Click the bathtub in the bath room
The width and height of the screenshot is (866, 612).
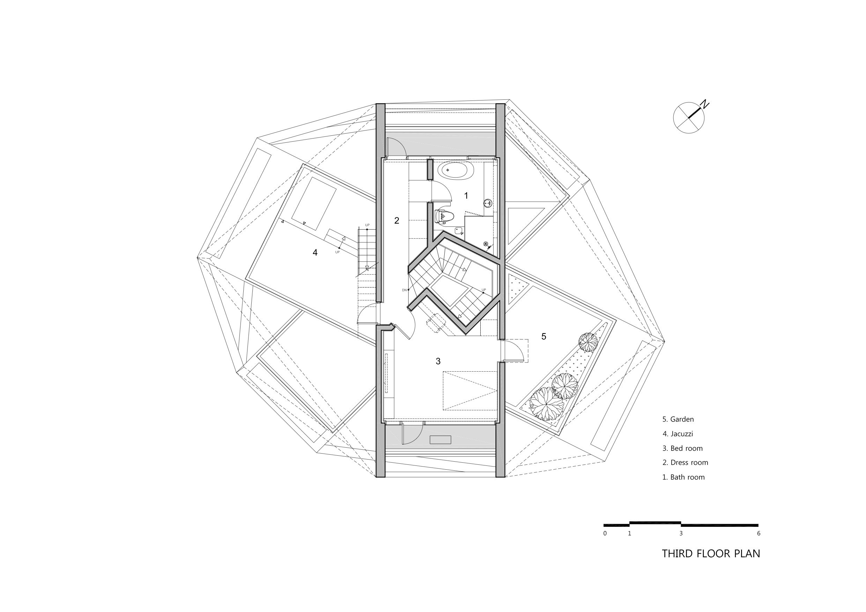tap(455, 170)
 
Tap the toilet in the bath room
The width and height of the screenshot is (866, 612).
tap(445, 216)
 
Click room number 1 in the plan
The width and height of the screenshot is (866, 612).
tap(466, 196)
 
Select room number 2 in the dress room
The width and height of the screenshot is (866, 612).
tap(397, 221)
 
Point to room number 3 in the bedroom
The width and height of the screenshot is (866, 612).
tap(438, 361)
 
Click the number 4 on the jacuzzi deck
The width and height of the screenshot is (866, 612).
tap(315, 253)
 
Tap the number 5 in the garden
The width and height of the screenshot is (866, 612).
tap(543, 336)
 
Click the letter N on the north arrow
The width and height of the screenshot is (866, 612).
tap(704, 104)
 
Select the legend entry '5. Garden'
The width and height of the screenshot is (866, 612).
tap(678, 419)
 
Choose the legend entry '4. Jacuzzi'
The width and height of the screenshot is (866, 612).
tap(678, 434)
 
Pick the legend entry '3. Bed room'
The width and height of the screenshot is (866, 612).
tap(682, 448)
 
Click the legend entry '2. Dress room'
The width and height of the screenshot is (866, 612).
tap(685, 463)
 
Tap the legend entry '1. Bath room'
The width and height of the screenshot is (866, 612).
tap(683, 477)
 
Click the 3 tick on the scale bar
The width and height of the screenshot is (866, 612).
tap(681, 533)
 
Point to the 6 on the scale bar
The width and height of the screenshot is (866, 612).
tap(758, 533)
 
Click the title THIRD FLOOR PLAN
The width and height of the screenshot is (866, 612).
tap(711, 553)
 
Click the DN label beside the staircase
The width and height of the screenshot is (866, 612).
tap(404, 290)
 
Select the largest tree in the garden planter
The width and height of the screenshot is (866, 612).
tap(546, 404)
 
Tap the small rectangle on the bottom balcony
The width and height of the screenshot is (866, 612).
tap(440, 440)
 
